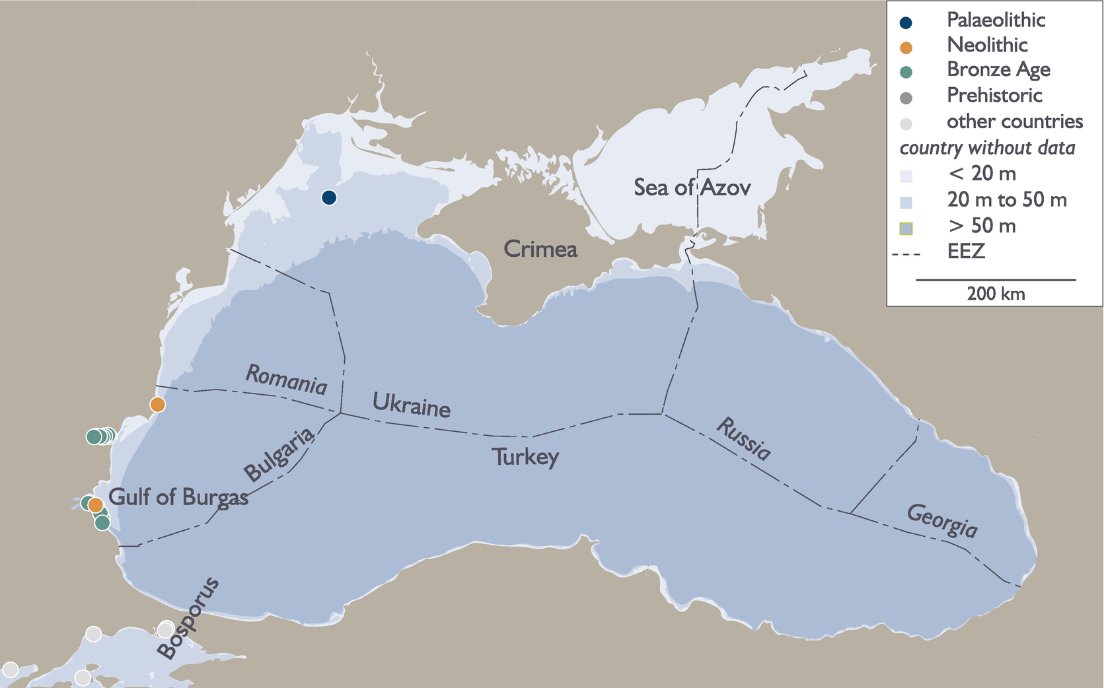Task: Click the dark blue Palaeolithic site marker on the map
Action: [x=329, y=197]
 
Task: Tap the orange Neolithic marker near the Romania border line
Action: [x=157, y=404]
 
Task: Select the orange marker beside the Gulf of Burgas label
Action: [x=96, y=505]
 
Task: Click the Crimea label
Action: [x=540, y=249]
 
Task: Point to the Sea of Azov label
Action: [x=692, y=188]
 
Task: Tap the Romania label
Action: [x=286, y=380]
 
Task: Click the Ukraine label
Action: [x=412, y=405]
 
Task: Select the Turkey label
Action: [x=525, y=457]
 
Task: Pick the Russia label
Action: [x=744, y=438]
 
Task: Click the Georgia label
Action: [x=942, y=521]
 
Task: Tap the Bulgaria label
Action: [x=279, y=456]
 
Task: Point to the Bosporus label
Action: [x=188, y=618]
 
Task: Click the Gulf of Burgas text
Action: [x=178, y=497]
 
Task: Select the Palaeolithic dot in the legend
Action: [x=906, y=22]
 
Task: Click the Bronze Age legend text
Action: [x=998, y=69]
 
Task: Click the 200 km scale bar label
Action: [x=996, y=294]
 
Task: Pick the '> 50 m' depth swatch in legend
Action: [x=906, y=228]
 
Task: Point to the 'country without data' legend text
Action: [x=987, y=148]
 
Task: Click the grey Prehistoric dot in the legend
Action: [x=906, y=98]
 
